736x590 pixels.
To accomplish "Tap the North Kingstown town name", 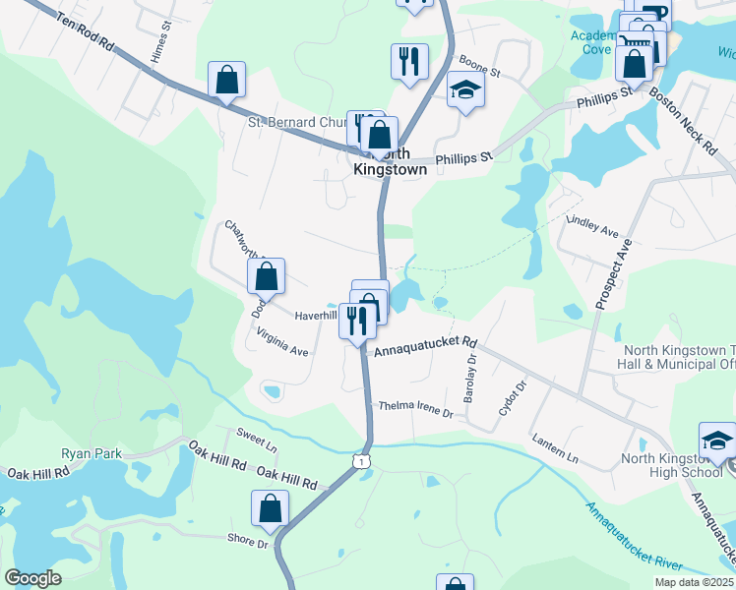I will point(390,161).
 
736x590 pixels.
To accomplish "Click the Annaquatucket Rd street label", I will point(425,345).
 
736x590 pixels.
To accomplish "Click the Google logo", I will point(32,578).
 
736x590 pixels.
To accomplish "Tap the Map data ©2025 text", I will point(694,582).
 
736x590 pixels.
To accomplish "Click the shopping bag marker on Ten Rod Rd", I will point(226,82).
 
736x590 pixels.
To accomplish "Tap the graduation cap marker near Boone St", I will point(466,90).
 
